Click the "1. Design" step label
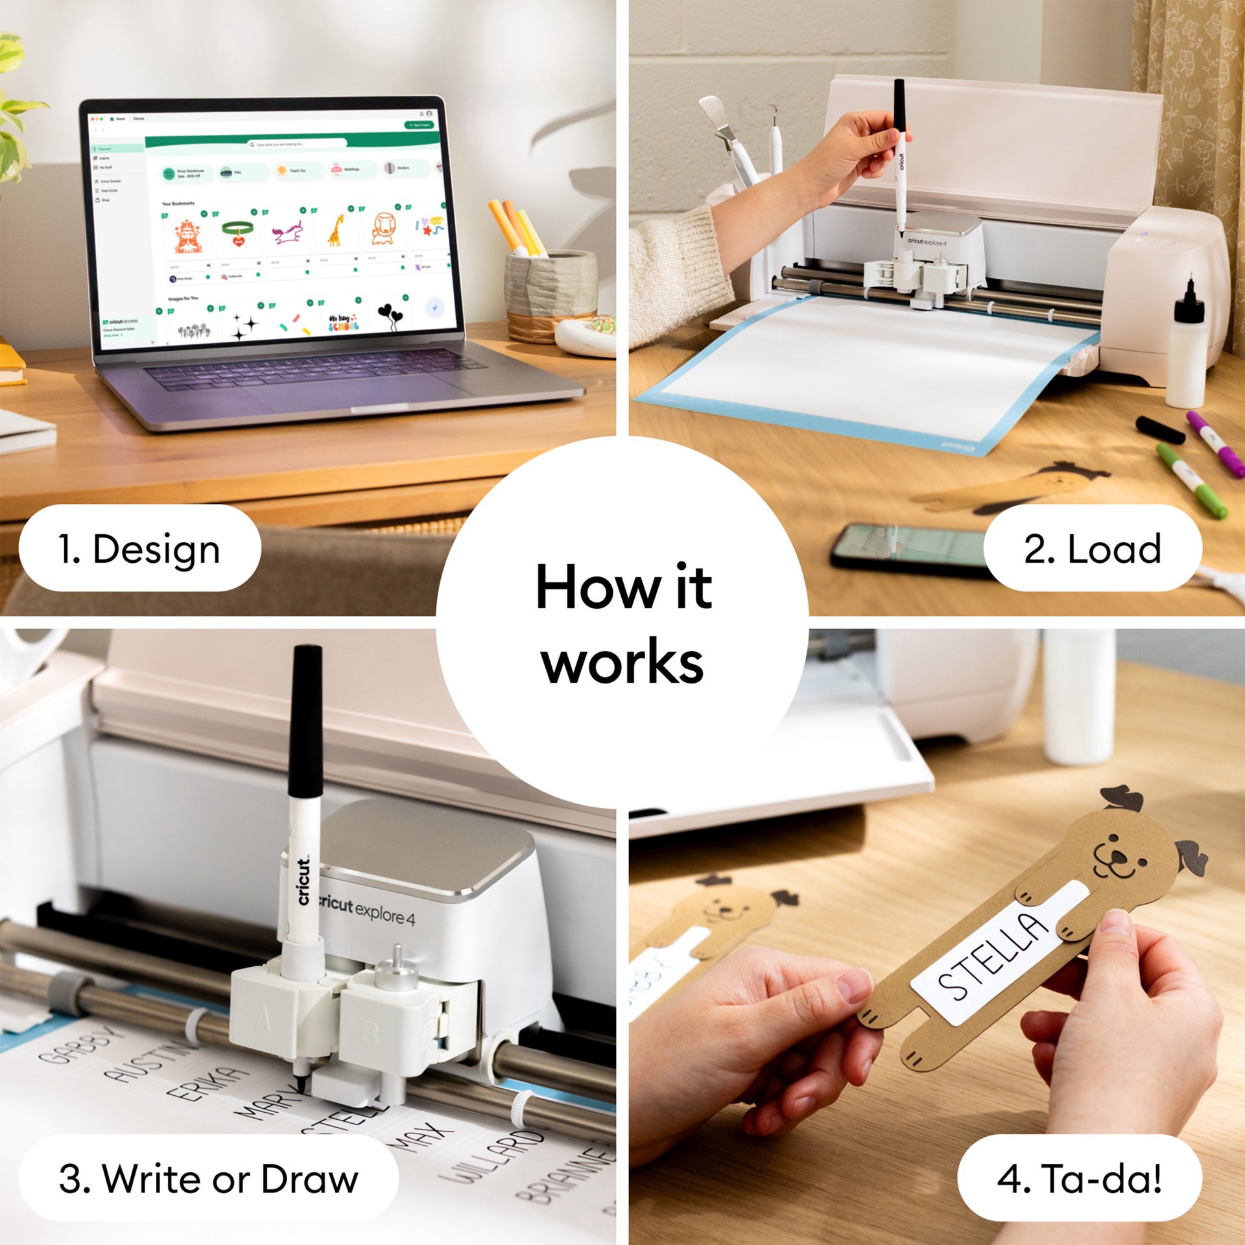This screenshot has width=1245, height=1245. pos(139,549)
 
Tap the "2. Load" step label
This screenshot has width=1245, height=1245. pos(1092,549)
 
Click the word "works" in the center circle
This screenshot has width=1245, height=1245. pos(622,662)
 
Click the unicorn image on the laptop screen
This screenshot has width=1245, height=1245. pos(287,232)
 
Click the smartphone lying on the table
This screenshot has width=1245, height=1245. pos(908,549)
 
